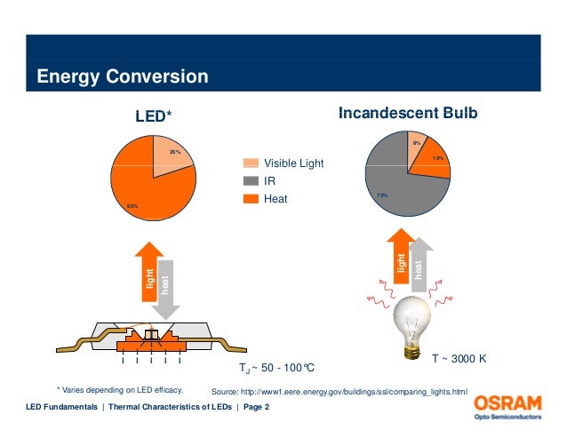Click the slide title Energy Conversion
click(122, 77)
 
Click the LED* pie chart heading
click(153, 115)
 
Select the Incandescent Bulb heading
click(408, 114)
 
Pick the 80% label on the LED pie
click(132, 206)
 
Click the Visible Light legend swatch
click(252, 163)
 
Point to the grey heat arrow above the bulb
click(419, 263)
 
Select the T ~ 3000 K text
click(460, 359)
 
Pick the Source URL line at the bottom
click(339, 392)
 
